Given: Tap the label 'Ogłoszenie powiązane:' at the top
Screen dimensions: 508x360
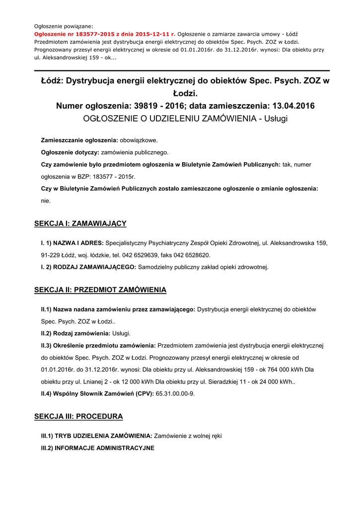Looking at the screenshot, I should pos(64,26).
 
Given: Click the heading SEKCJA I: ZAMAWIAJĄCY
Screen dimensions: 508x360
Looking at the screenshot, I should pos(80,224).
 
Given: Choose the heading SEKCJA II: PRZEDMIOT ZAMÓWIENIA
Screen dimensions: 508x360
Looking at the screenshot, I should pos(100,290).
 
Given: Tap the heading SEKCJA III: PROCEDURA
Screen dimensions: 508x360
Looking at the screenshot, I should pos(78,416).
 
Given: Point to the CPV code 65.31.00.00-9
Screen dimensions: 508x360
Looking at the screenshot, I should pos(175,393).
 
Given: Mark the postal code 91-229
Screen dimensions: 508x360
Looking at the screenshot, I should pos(50,255).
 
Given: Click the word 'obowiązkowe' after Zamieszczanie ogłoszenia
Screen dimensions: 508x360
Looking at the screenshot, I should pos(139,140).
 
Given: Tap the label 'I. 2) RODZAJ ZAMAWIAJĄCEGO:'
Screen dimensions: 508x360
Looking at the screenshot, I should pos(88,267).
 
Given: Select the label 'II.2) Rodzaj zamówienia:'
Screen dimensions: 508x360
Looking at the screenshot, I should pos(75,333).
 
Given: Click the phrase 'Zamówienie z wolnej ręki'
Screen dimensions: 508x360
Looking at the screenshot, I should pos(188,436).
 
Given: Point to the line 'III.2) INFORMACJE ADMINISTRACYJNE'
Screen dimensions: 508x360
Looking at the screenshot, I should pos(97,448).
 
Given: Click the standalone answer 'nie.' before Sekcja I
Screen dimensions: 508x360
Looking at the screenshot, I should pos(46,201).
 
